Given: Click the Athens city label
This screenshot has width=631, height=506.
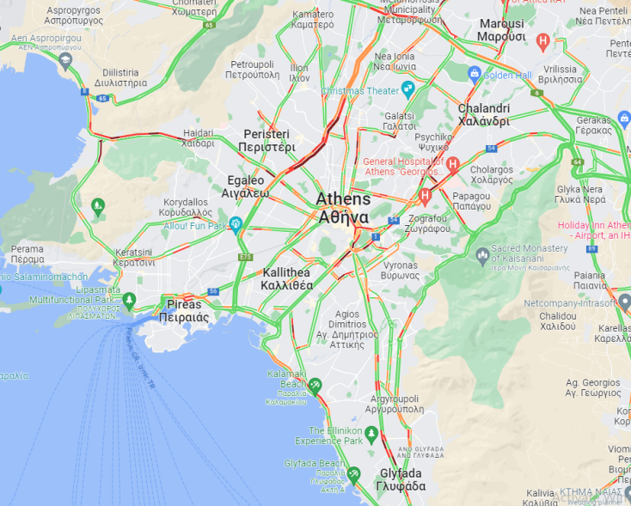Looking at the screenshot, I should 343,208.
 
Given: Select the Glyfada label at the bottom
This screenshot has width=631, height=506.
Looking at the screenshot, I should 401,479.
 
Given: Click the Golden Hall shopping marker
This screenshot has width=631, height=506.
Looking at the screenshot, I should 474,75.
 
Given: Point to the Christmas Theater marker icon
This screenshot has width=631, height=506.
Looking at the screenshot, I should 407,89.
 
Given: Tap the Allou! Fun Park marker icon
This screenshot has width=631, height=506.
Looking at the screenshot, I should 235,225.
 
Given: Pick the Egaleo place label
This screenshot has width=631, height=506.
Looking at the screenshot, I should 247,186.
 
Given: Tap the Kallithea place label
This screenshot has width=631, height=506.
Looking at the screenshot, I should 287,278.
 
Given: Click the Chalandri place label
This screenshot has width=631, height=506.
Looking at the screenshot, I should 483,115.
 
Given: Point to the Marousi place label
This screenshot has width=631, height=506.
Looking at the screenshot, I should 501,30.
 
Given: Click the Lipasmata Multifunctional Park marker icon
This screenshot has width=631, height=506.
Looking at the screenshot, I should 129,300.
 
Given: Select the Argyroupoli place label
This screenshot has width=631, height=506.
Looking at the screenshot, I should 396,404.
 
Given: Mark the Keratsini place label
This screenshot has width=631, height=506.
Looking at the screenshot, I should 135,258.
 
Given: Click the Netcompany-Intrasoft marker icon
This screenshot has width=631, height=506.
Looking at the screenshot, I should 624,302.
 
